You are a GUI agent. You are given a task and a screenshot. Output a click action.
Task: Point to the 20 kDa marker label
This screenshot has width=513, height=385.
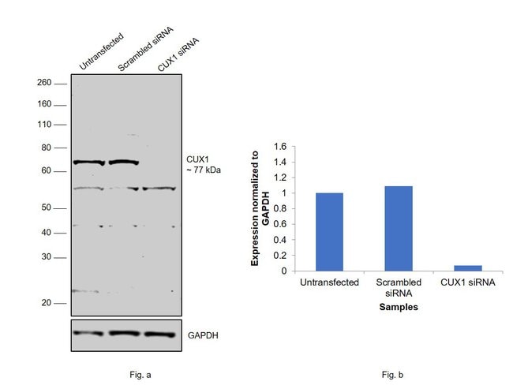point(47,303)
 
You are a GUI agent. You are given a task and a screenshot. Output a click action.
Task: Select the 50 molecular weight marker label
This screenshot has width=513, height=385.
point(47,207)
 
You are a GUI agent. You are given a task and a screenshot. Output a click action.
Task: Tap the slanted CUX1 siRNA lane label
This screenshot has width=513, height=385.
point(176,54)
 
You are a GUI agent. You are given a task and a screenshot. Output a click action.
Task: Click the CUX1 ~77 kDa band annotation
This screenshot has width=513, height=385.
point(202,165)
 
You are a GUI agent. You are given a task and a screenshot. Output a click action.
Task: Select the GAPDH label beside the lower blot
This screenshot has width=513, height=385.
point(203,335)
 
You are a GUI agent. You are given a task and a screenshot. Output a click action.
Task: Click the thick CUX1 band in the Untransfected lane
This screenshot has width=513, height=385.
point(89,163)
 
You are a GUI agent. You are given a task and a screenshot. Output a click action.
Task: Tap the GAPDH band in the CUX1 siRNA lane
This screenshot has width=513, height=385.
point(158,334)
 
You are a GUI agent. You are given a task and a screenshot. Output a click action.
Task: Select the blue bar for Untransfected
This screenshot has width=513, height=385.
point(329,231)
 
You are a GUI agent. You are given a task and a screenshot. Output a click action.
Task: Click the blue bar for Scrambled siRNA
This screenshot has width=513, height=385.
point(399,228)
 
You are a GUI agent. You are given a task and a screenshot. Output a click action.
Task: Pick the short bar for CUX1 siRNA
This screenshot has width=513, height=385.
point(467,267)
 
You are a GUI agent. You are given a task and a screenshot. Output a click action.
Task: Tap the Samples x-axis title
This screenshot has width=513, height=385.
point(398,308)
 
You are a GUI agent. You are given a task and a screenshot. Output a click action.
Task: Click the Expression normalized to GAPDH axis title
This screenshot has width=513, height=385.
point(260,208)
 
